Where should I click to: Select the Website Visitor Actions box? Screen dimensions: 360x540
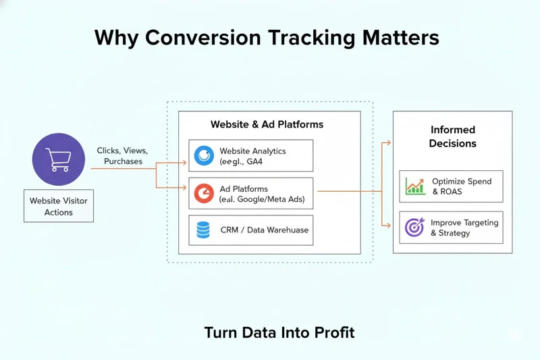59,206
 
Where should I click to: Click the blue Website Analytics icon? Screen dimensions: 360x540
203,155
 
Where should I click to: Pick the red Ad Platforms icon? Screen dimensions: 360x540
203,194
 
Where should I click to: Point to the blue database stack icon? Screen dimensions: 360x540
202,230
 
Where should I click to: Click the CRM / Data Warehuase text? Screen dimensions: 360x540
264,230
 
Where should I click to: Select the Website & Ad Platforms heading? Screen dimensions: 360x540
267,124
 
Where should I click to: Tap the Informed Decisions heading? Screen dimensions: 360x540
453,136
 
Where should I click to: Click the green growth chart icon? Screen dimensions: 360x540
415,186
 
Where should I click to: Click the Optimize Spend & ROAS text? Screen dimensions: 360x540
462,186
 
